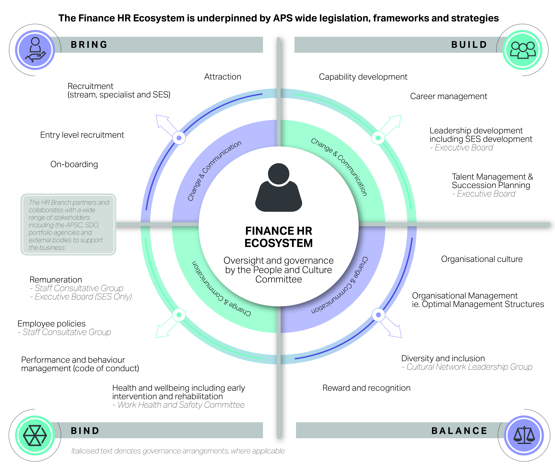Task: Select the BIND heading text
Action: (85, 431)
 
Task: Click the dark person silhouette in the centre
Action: (279, 187)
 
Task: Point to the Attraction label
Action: (223, 77)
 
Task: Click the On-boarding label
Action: (74, 164)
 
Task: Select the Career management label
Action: (448, 96)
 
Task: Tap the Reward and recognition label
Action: (366, 388)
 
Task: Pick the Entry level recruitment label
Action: (82, 135)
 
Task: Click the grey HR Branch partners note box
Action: (68, 224)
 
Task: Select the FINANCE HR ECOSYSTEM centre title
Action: (279, 237)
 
